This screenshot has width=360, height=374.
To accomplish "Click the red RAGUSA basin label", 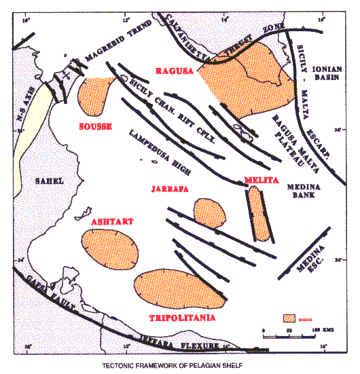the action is pos(175,71).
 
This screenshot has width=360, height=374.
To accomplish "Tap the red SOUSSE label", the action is pos(94,127).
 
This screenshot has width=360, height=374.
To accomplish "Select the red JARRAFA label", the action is pos(167,188).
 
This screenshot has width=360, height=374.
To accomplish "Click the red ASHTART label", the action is pos(111,221).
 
